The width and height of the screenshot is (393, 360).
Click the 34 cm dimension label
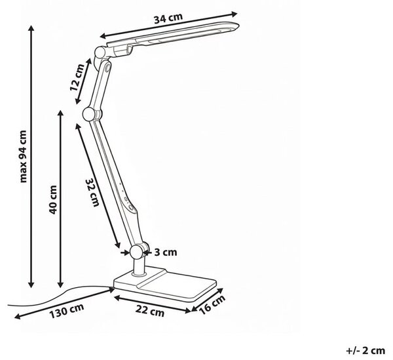168,18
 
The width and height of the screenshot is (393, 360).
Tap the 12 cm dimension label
77,77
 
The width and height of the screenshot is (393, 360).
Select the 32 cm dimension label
92,192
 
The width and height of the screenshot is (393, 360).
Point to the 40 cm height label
53,200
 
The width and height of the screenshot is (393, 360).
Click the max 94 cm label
23,156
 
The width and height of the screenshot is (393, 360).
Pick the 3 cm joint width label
166,252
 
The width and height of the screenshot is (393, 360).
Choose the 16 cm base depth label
212,304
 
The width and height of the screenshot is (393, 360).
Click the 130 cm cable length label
66,311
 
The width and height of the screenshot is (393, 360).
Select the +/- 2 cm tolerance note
365,350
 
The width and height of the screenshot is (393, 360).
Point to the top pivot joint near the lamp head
100,52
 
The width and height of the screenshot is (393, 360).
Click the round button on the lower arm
131,207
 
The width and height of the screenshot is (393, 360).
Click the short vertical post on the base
138,266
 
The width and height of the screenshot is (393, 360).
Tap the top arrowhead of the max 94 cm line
31,28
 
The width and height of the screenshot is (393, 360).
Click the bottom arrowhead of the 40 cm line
60,284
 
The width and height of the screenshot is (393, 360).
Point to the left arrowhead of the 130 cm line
18,316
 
